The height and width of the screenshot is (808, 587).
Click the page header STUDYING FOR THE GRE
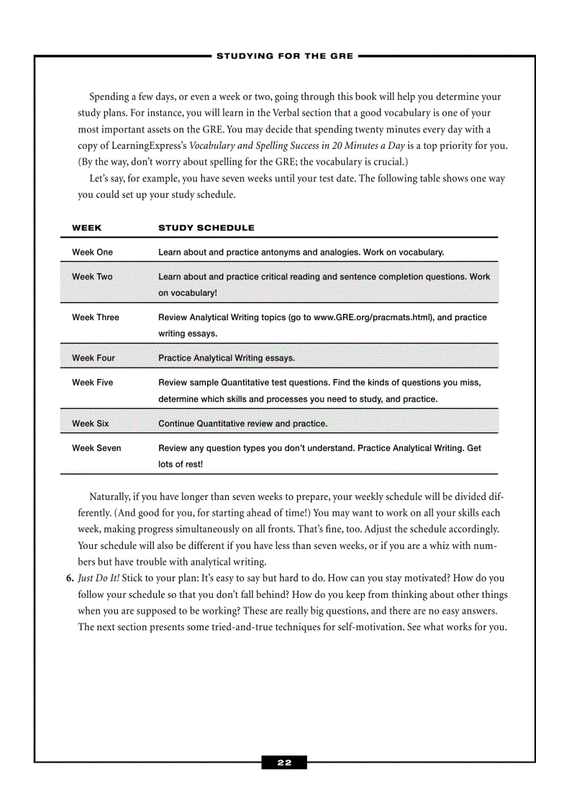coord(285,56)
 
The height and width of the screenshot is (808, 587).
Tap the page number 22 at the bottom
coord(284,763)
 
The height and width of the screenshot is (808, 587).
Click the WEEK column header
coord(87,228)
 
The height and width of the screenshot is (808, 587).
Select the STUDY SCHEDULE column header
coord(206,228)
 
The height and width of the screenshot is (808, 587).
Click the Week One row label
coord(92,253)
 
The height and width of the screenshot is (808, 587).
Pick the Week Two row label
coord(92,277)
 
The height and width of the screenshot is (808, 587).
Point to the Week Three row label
coord(96,317)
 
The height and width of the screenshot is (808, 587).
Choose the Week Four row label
coord(94,358)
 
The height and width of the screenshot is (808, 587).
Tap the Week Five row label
coord(92,383)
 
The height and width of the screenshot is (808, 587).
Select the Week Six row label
coord(91,424)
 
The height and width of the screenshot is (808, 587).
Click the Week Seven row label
coord(96,448)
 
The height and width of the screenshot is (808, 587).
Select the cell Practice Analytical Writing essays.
coord(227,358)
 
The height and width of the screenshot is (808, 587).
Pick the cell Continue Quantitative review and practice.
coord(242,424)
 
